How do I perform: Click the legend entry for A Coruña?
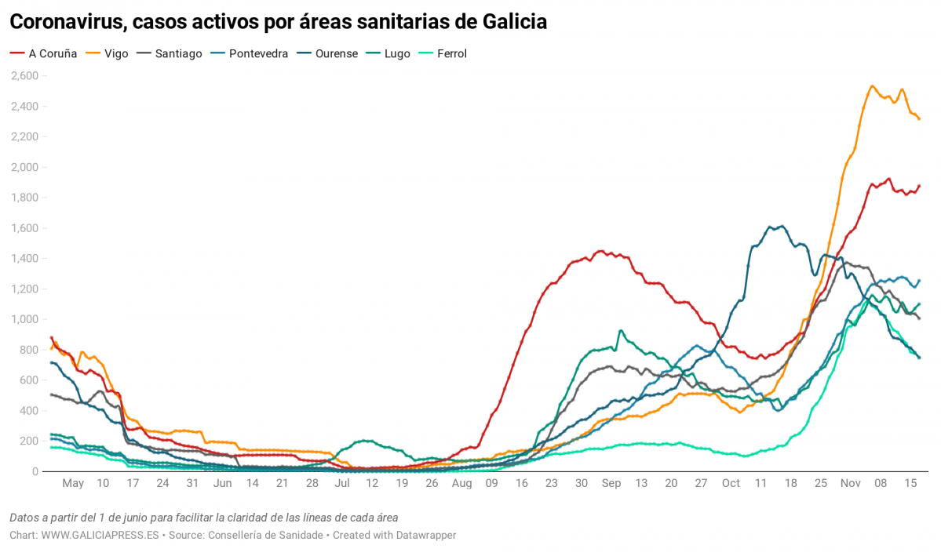(52, 54)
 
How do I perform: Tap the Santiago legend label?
(178, 54)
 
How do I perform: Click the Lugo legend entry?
(396, 54)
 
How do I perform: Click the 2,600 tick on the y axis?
(24, 76)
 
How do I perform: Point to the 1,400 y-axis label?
(24, 259)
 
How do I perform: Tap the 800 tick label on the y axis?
(29, 350)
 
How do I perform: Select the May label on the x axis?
(73, 484)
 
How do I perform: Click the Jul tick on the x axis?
(341, 484)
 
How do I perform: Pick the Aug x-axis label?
(461, 484)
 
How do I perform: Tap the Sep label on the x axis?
(611, 484)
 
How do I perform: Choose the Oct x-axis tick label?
(731, 484)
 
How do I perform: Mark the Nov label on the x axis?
(851, 484)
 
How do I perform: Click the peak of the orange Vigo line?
(873, 86)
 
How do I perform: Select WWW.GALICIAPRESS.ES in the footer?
(100, 535)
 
